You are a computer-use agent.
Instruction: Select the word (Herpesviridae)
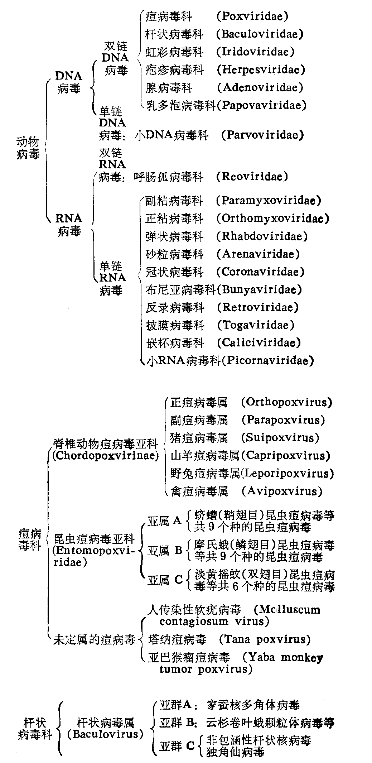coord(261,69)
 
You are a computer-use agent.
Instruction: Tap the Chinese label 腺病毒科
coord(169,87)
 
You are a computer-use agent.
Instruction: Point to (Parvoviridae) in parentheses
coord(262,135)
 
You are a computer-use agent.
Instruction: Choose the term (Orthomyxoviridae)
coord(272,218)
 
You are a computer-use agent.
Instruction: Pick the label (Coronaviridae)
coord(260,272)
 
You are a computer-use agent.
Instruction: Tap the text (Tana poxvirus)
coord(265,639)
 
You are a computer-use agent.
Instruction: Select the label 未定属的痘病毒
coord(94,640)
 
